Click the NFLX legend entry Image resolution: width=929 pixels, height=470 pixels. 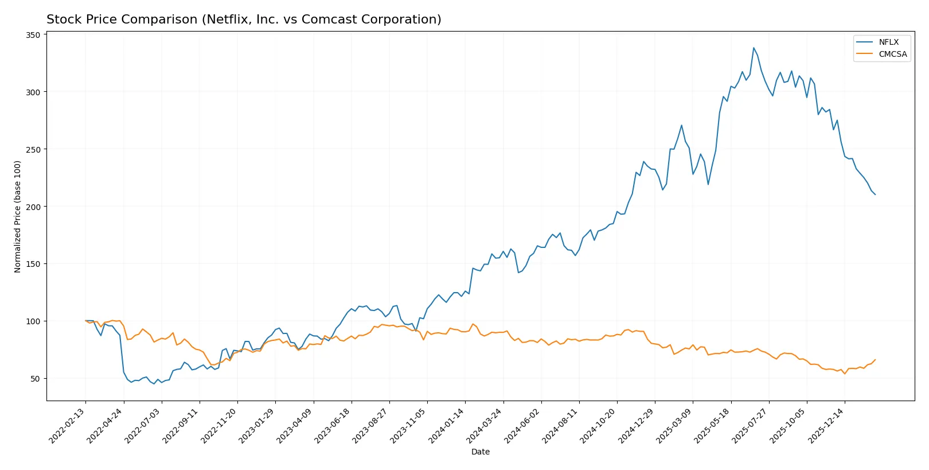(888, 42)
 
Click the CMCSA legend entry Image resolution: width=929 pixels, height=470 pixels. (892, 54)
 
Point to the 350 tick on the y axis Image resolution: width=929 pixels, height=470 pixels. (33, 35)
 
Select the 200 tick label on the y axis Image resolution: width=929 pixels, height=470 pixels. (33, 207)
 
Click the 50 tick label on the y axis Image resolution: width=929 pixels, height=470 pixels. (36, 379)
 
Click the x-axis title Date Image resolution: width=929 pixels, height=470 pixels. (480, 452)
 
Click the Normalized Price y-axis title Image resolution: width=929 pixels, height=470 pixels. (17, 216)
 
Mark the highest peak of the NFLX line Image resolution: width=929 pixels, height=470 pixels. (754, 48)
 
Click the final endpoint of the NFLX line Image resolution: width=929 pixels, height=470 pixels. (875, 195)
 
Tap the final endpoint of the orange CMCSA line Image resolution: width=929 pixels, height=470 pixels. (875, 360)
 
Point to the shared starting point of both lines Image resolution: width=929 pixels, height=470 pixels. (85, 321)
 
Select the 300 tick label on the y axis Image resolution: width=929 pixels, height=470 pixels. (33, 92)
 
